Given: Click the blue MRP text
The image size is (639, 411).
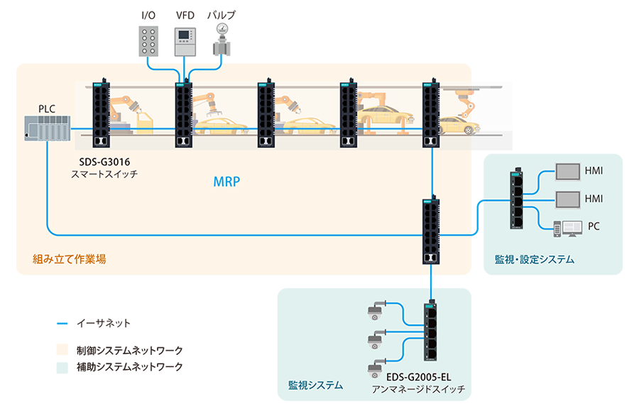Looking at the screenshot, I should point(227,182).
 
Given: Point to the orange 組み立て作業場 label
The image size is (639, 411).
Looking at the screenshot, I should point(70,259).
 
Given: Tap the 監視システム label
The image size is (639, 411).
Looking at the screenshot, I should point(315,385).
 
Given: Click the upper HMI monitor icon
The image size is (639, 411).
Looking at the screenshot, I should point(567,172).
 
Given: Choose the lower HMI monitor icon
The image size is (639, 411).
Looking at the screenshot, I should point(567,198).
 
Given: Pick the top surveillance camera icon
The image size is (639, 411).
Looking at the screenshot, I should point(376,310).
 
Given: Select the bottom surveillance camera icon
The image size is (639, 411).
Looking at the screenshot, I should point(376,369).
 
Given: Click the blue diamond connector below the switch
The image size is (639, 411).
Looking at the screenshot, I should point(430,282).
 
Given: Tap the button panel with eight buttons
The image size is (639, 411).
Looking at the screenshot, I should point(149,40).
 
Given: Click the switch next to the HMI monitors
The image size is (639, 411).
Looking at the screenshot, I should point(515,199).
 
